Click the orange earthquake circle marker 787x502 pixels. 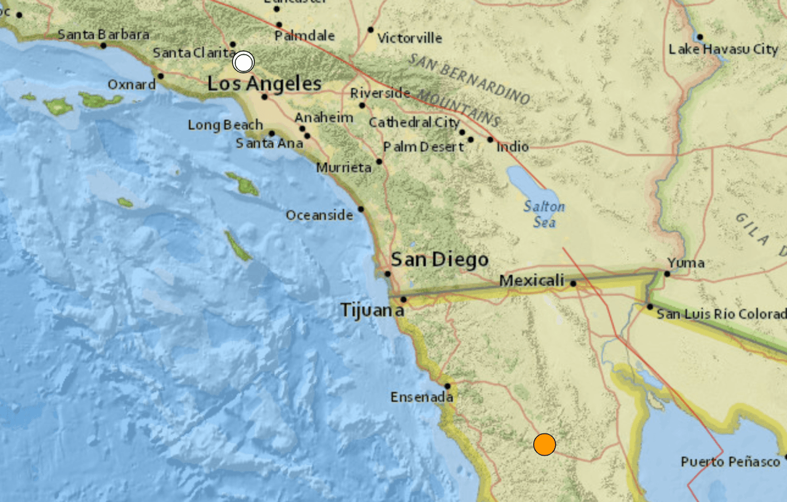pyautogui.click(x=544, y=444)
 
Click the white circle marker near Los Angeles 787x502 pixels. pyautogui.click(x=244, y=62)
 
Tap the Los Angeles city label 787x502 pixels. pyautogui.click(x=264, y=84)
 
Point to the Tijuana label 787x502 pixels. pyautogui.click(x=373, y=311)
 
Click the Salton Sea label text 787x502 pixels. pyautogui.click(x=544, y=213)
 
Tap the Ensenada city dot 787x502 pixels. pyautogui.click(x=448, y=386)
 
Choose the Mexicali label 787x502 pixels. pyautogui.click(x=531, y=281)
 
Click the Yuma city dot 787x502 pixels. pyautogui.click(x=667, y=274)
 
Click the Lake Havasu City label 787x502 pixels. pyautogui.click(x=723, y=49)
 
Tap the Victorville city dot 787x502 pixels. pyautogui.click(x=371, y=30)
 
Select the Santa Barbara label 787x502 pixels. pyautogui.click(x=103, y=34)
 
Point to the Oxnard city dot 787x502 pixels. pyautogui.click(x=160, y=76)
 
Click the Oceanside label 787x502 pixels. pyautogui.click(x=319, y=215)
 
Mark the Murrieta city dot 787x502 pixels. pyautogui.click(x=379, y=162)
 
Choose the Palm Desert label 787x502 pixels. pyautogui.click(x=423, y=147)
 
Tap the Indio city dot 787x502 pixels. pyautogui.click(x=490, y=140)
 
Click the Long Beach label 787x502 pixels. pyautogui.click(x=225, y=125)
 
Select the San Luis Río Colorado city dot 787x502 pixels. pyautogui.click(x=650, y=306)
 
